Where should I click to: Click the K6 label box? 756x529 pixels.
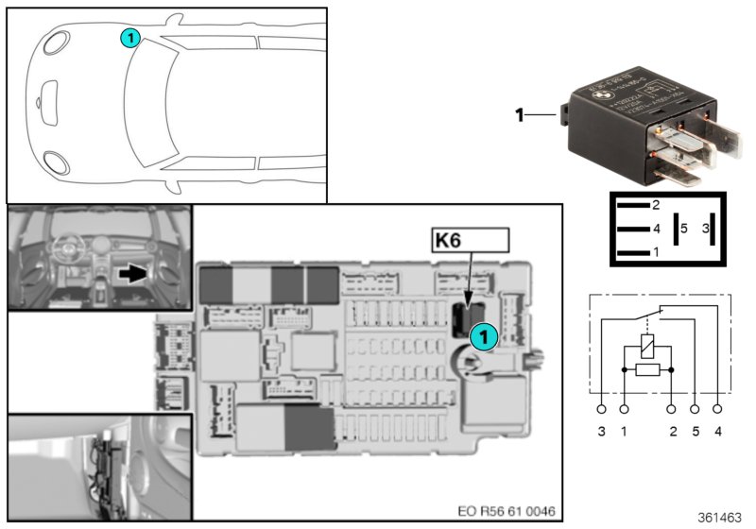pos(470,241)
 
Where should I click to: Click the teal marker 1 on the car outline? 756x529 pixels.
pos(129,38)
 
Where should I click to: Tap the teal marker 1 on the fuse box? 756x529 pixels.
pos(482,335)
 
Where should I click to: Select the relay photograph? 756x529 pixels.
pos(633,132)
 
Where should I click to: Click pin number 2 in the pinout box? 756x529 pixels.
pos(655,204)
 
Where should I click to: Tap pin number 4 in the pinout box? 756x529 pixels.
pos(655,229)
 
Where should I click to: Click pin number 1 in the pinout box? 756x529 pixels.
pos(655,253)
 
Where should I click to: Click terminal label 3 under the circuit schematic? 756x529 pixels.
pos(601,432)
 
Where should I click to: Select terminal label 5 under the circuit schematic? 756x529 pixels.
pos(695,432)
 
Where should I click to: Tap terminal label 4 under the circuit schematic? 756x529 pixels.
pos(718,432)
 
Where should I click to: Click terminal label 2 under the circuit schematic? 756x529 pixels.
pos(672,432)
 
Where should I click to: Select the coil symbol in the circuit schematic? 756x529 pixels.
pos(647,345)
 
